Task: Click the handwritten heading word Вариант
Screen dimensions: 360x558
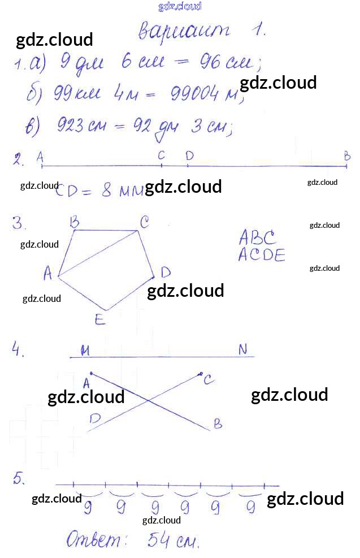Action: [x=184, y=31]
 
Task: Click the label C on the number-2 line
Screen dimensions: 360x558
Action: [x=161, y=155]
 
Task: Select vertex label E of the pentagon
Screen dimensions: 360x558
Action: [x=99, y=320]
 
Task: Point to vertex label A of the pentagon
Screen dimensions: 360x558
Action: [x=49, y=274]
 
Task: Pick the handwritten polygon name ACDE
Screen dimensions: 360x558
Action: [x=261, y=255]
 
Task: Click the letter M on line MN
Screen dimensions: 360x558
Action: [x=85, y=351]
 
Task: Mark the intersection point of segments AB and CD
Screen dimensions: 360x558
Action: [x=149, y=401]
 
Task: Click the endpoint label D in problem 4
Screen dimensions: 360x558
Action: [x=94, y=419]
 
